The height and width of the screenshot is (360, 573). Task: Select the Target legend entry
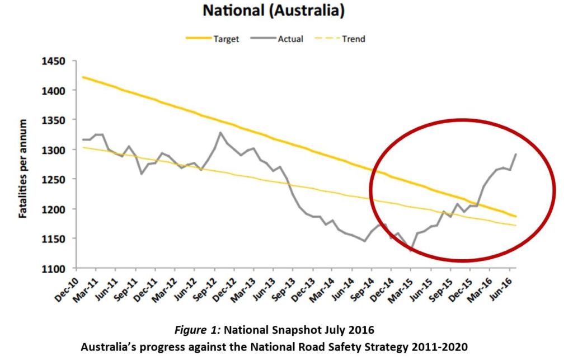[226, 39]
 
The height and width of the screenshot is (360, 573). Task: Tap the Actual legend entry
[290, 39]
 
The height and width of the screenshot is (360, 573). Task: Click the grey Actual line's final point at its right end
[515, 154]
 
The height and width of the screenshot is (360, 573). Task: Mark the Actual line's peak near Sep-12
[220, 133]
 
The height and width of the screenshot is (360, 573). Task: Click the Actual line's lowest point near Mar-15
[411, 251]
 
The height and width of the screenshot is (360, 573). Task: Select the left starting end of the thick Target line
[82, 77]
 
